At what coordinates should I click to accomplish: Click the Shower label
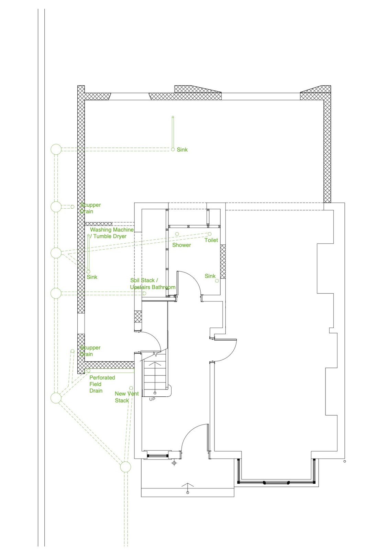181,245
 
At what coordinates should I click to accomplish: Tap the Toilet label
211,240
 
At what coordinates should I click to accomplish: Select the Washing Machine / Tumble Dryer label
111,233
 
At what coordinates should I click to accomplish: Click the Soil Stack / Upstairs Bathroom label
152,284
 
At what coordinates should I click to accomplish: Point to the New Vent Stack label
126,397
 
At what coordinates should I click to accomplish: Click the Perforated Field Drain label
102,384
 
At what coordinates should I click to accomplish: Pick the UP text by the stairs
152,399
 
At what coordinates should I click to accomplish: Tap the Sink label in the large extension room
182,150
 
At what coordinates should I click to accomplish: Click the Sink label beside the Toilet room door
210,276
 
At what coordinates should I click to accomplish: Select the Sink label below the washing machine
92,277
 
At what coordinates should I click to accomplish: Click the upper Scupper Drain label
90,208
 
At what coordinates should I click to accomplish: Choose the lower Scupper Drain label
90,351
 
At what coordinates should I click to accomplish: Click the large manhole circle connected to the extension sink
56,149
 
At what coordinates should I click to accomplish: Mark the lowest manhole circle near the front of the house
125,467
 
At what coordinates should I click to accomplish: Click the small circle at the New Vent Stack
131,388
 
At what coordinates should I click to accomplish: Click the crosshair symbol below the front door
174,463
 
